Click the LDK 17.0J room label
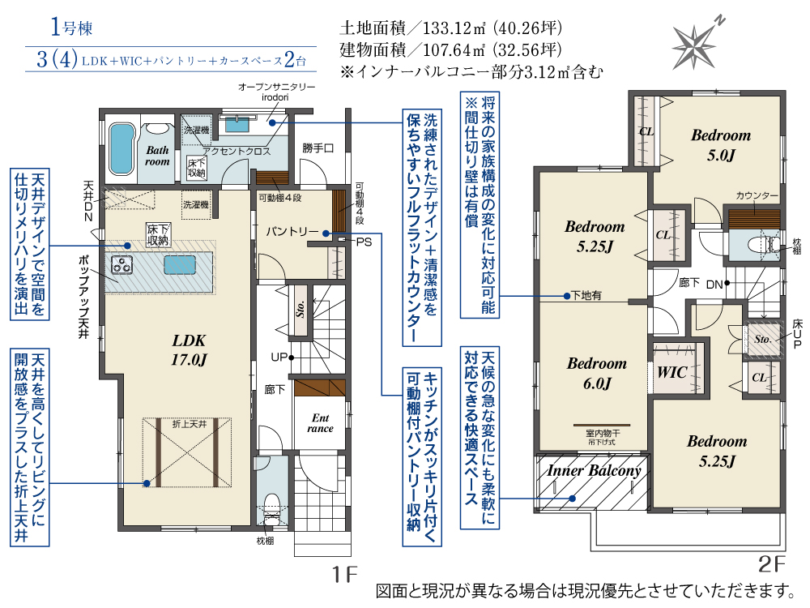point(189,350)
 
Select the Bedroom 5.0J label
point(721,145)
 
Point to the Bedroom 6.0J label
point(597,373)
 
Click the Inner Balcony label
point(594,470)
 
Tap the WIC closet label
point(671,372)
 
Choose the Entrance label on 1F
point(320,423)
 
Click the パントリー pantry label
point(292,232)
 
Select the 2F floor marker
point(771,564)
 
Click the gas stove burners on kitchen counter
point(122,265)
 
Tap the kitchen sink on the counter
point(180,265)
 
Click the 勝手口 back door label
point(318,148)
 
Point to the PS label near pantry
point(364,242)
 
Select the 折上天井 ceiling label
point(190,424)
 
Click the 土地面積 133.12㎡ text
point(451,28)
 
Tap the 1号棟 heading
point(72,27)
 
